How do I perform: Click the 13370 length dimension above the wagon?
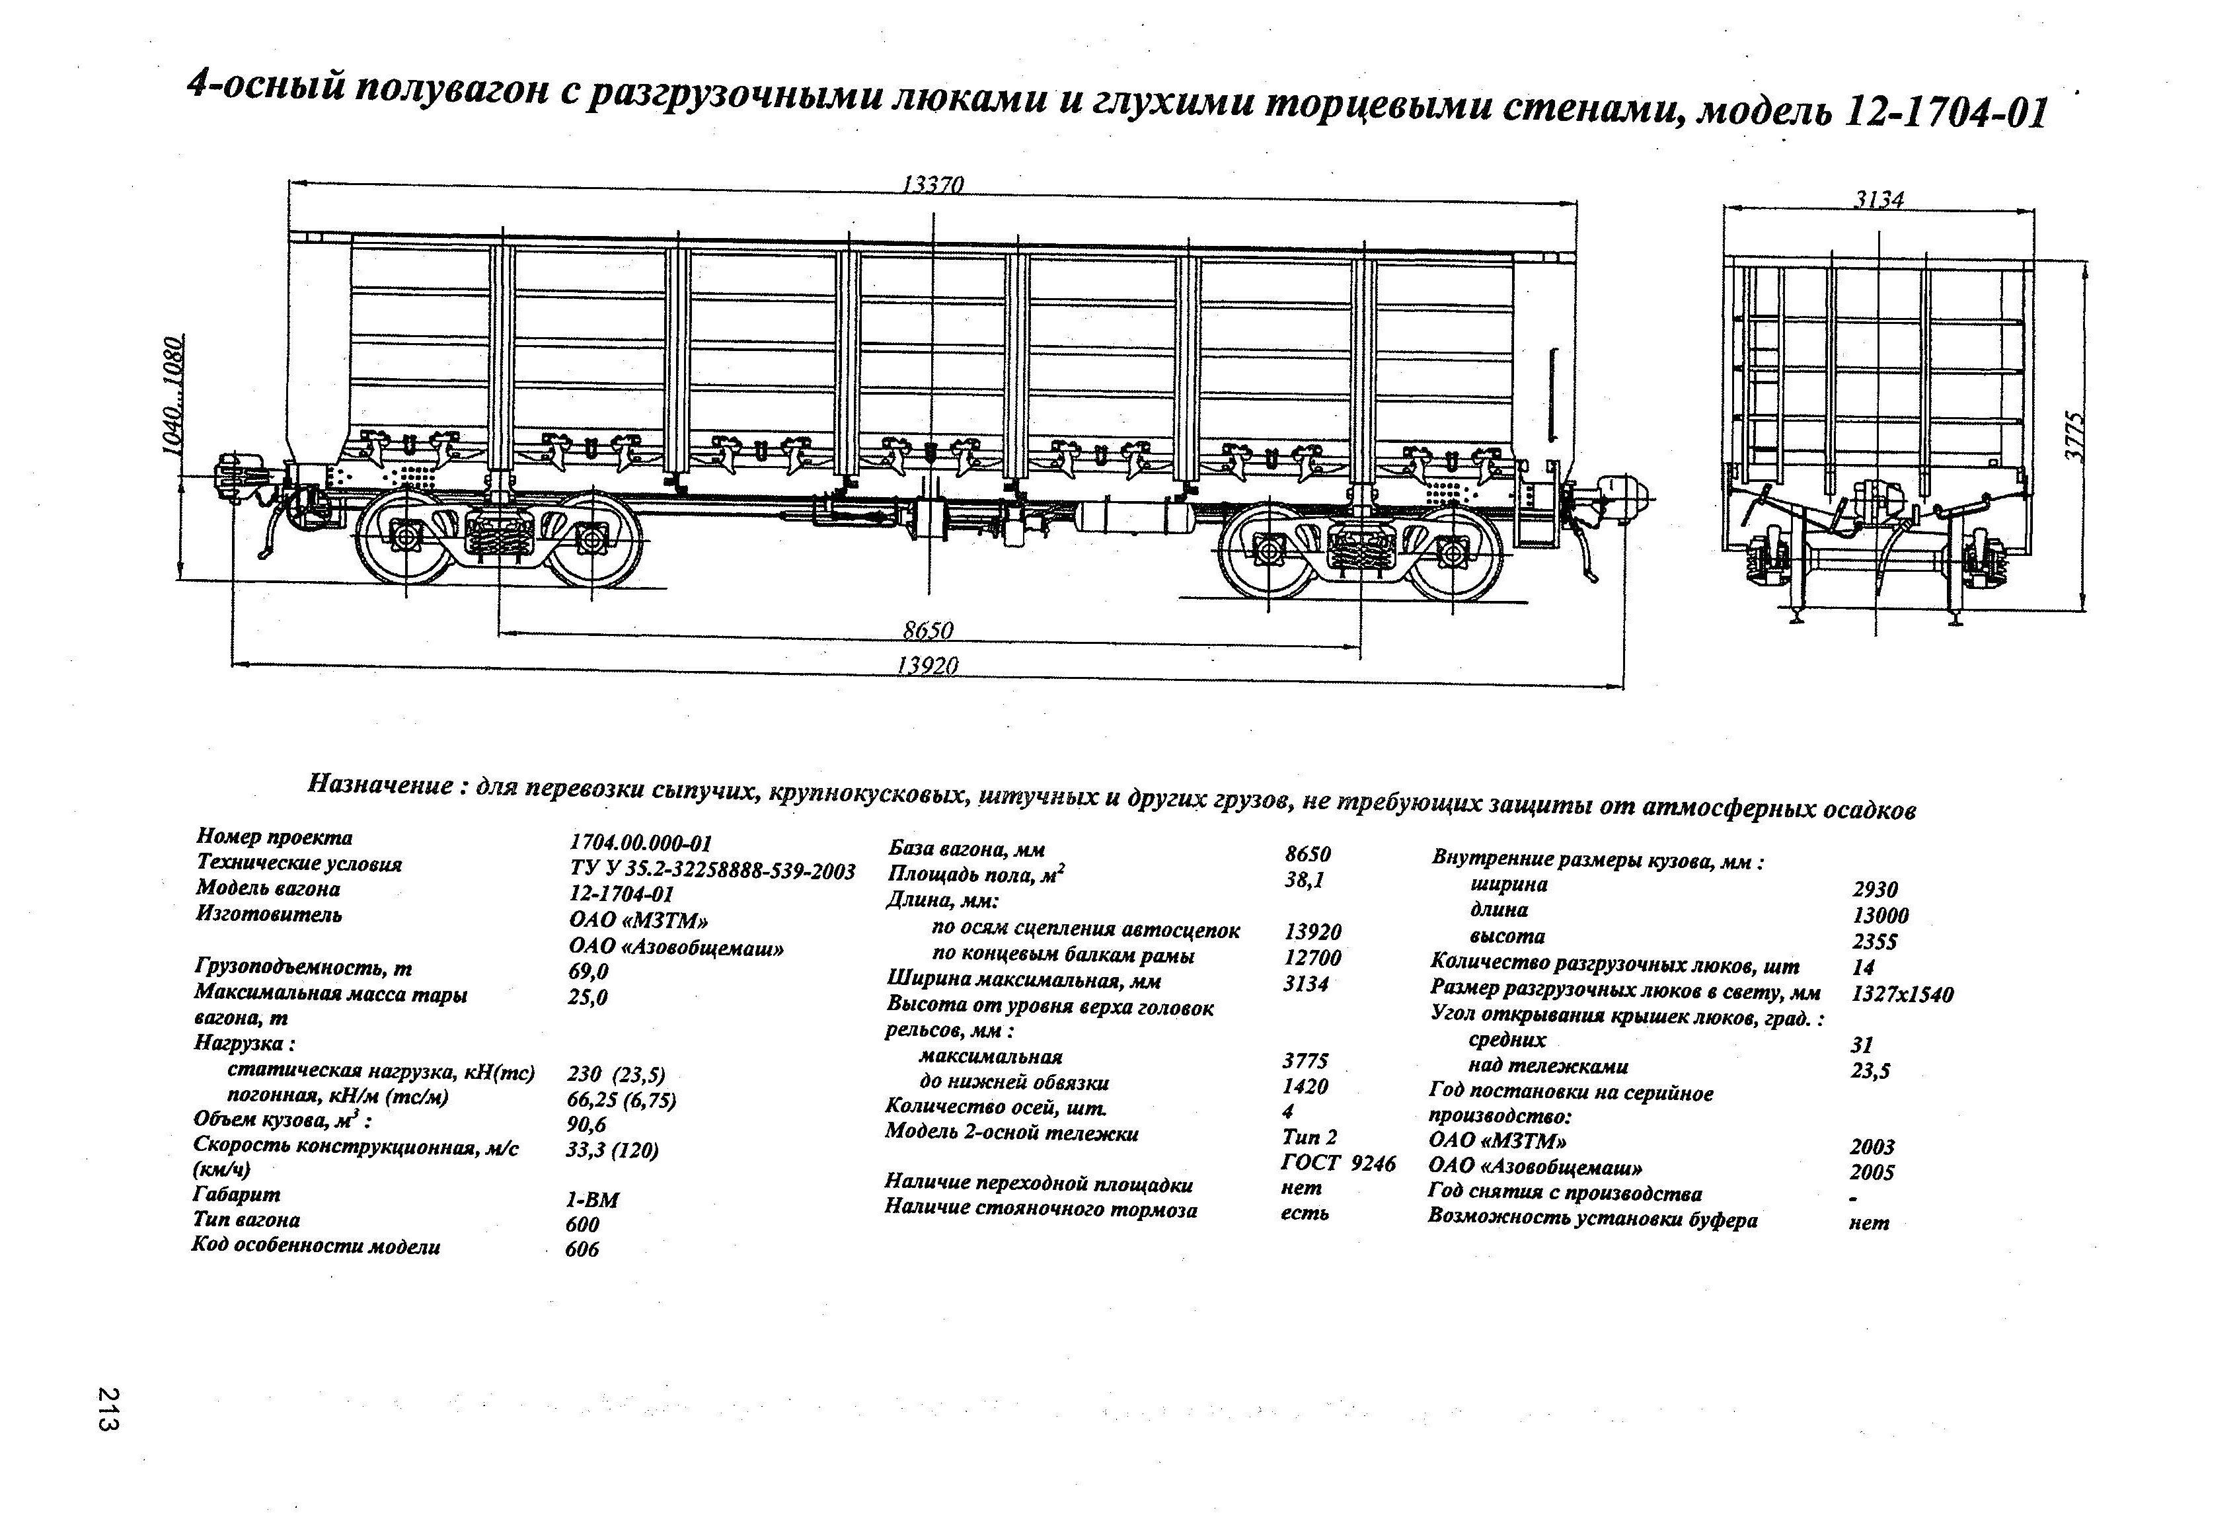click(x=932, y=184)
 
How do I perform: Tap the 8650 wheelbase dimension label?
click(x=928, y=629)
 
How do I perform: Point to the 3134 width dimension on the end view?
click(x=1879, y=200)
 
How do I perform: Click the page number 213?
click(x=108, y=1409)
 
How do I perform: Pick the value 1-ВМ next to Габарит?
click(x=591, y=1200)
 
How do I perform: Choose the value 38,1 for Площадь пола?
click(x=1305, y=880)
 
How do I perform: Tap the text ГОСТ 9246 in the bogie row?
click(x=1337, y=1163)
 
